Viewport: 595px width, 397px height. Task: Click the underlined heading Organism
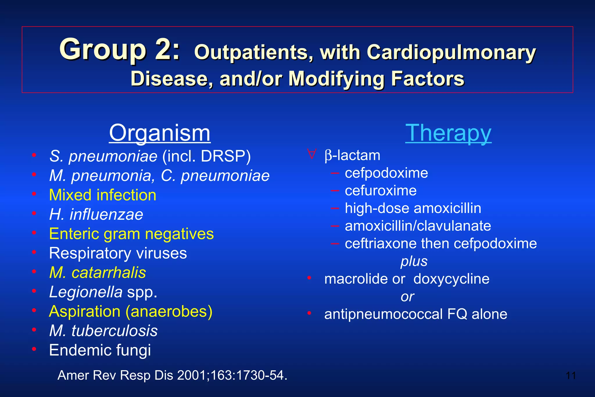click(x=159, y=133)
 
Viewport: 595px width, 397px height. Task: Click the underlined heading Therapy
click(x=448, y=133)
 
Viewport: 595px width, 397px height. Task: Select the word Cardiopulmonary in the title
click(x=451, y=53)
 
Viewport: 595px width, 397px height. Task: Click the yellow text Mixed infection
click(x=103, y=195)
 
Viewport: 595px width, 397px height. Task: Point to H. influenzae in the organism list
click(x=96, y=214)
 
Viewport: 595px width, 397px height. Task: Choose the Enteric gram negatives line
click(x=131, y=234)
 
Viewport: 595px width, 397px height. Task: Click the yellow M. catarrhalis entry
click(x=98, y=273)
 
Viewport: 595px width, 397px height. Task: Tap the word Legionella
click(x=86, y=292)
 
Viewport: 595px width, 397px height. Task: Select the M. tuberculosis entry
click(x=103, y=331)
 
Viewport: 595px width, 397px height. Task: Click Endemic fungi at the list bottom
click(x=100, y=350)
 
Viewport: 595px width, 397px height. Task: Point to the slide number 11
click(x=571, y=375)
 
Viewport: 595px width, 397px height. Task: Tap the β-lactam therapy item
click(x=352, y=155)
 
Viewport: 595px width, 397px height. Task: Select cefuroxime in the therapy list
click(x=381, y=191)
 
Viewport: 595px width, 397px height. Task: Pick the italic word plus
click(x=414, y=261)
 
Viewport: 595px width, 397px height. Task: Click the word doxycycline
click(x=451, y=279)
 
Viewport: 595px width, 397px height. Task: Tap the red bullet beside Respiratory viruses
click(x=34, y=252)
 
